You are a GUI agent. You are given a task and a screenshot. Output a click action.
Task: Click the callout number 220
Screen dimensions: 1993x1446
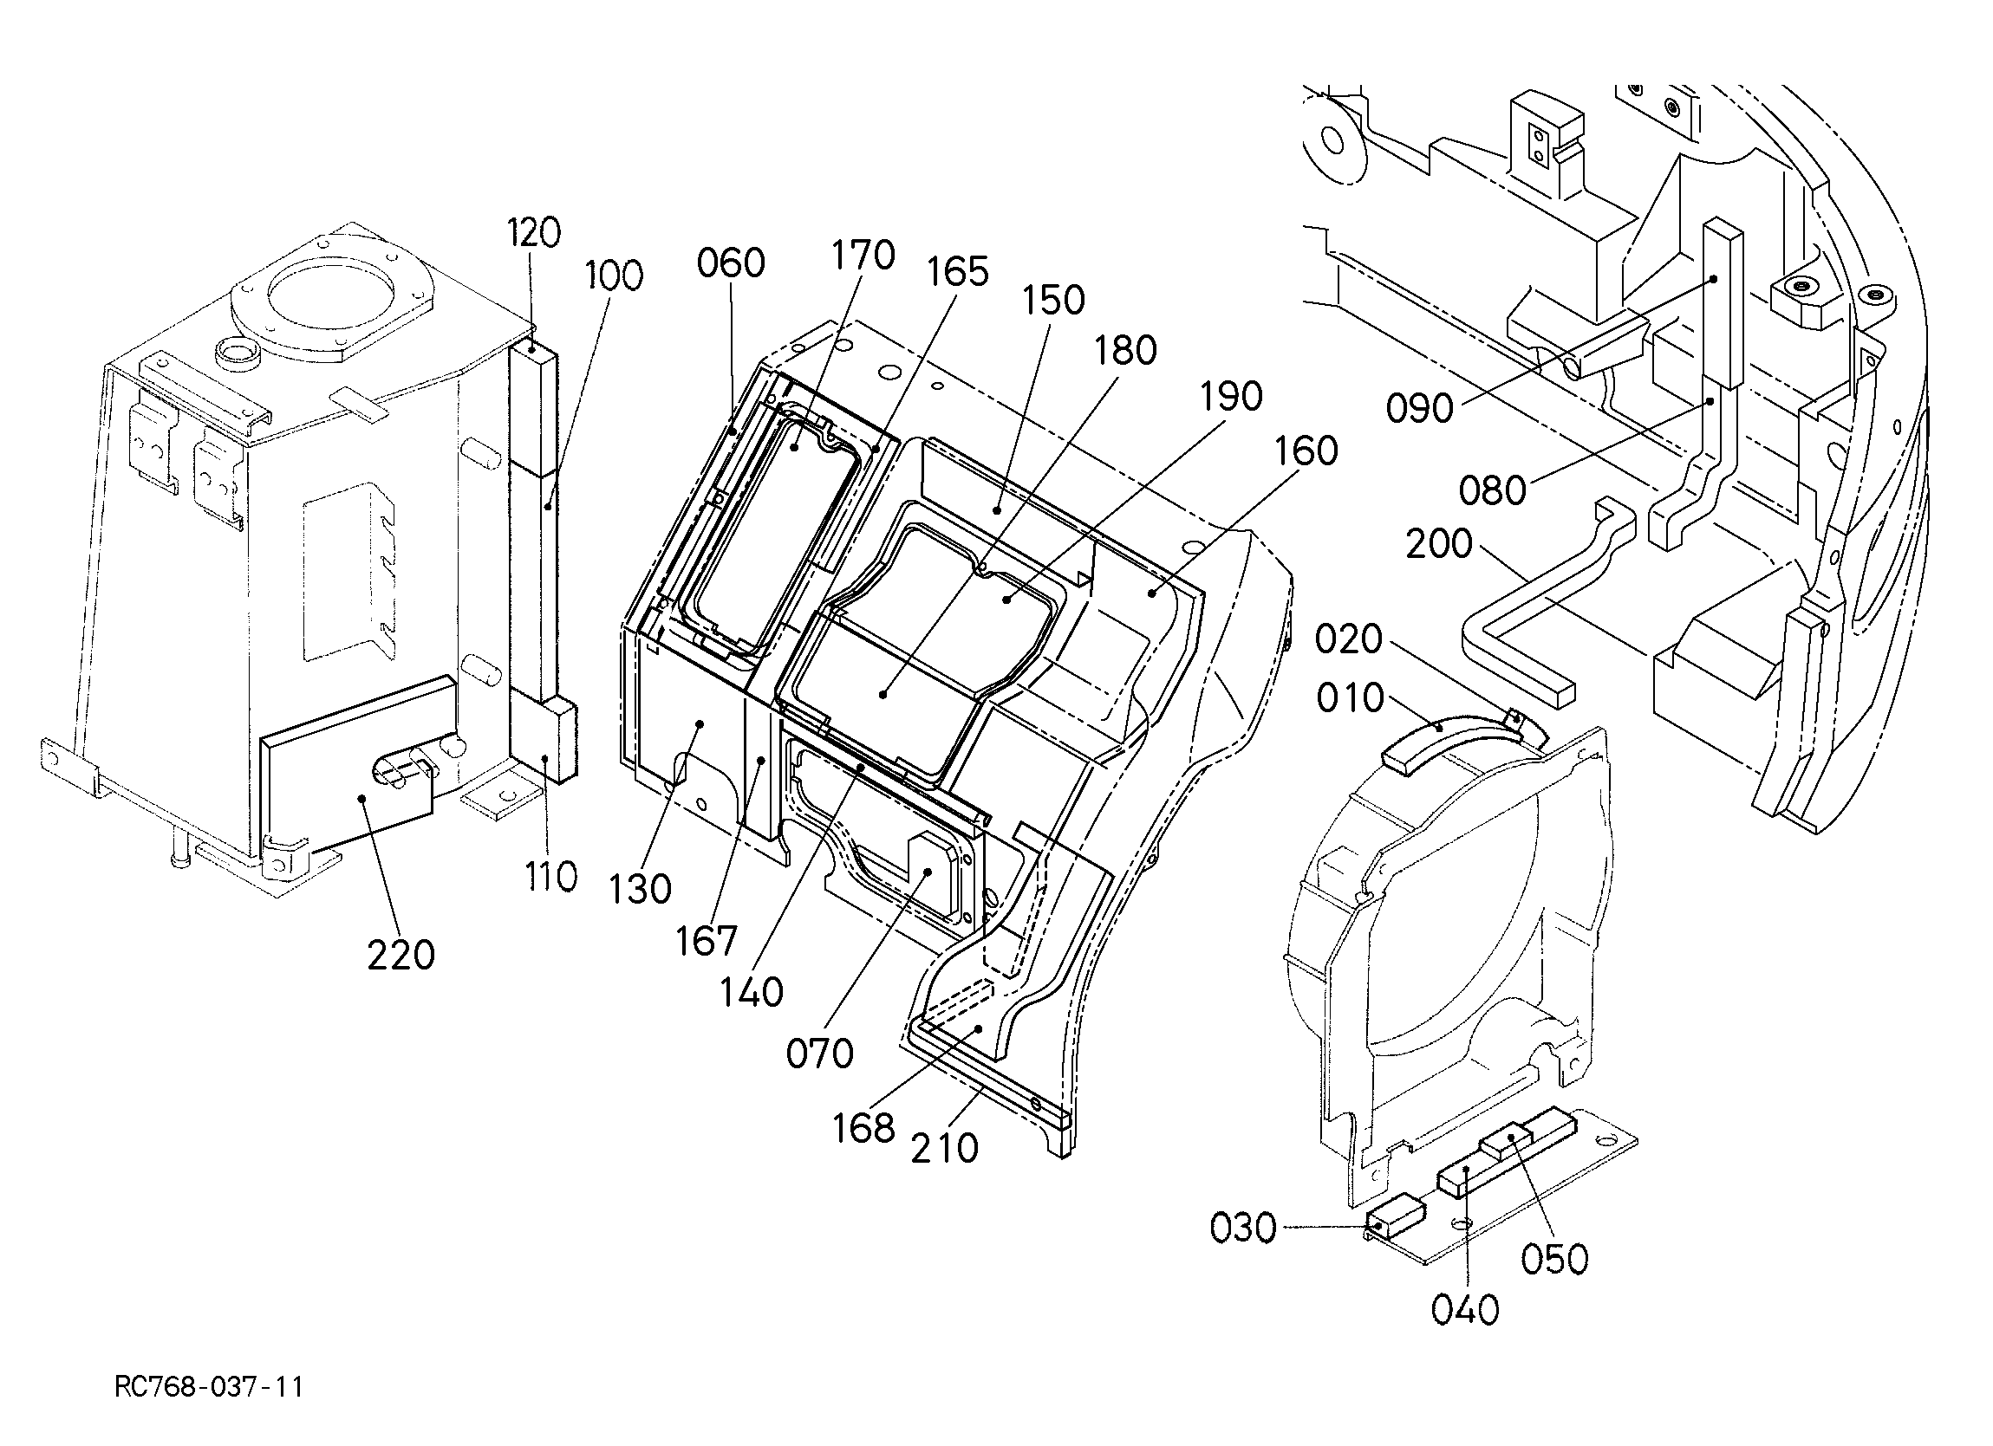[401, 955]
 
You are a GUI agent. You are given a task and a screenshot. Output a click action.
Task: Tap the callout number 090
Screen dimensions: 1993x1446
[1420, 408]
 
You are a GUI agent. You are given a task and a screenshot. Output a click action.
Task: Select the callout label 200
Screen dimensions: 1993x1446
[1439, 545]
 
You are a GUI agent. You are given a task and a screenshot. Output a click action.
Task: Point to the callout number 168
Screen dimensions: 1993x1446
[864, 1129]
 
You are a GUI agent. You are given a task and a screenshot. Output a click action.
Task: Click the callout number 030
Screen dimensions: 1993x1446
[1242, 1229]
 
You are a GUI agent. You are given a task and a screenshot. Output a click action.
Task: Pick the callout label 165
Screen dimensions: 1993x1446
[956, 272]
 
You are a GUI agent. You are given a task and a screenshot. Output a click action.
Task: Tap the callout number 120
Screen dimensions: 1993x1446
[532, 233]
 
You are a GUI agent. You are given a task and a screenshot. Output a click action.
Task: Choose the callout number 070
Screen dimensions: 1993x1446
[820, 1054]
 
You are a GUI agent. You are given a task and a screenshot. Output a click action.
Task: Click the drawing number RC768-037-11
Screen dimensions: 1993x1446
[209, 1388]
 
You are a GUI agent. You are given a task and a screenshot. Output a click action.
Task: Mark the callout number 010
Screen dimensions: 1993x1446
[1350, 698]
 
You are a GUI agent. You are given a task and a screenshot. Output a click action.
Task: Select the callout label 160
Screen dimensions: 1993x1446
[1306, 451]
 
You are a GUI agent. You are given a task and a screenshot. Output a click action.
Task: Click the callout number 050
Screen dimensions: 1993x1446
[1554, 1260]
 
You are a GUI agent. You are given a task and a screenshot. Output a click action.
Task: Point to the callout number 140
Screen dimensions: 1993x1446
[752, 993]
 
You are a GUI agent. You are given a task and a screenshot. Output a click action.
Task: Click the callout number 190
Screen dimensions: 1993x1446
[1230, 397]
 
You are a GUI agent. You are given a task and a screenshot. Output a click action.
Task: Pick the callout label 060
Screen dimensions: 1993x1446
[731, 263]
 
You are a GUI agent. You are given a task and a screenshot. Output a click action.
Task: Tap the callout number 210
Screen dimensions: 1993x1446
[945, 1149]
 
